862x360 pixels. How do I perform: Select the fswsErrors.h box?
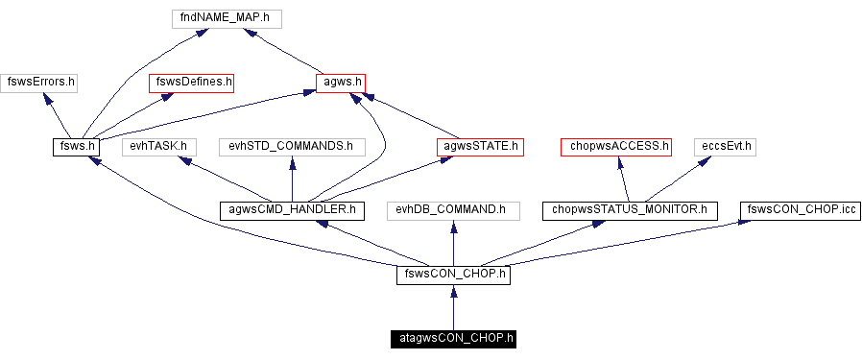point(39,83)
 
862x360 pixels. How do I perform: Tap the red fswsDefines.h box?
point(192,83)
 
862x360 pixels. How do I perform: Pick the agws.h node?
point(341,83)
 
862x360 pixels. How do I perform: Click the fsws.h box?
point(76,147)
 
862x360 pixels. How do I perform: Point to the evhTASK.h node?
point(158,147)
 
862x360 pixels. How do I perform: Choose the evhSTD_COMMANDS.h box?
point(291,147)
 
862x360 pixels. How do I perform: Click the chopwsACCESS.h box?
point(615,147)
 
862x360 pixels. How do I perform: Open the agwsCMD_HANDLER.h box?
point(291,208)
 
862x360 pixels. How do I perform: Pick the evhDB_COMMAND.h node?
point(452,208)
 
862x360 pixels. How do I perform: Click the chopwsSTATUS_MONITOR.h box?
point(630,208)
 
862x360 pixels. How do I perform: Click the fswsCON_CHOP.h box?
point(452,275)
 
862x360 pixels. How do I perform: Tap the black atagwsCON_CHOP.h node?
point(453,338)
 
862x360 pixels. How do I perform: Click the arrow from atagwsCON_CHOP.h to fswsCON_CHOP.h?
point(453,307)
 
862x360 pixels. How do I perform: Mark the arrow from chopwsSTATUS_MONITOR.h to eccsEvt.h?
point(678,178)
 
